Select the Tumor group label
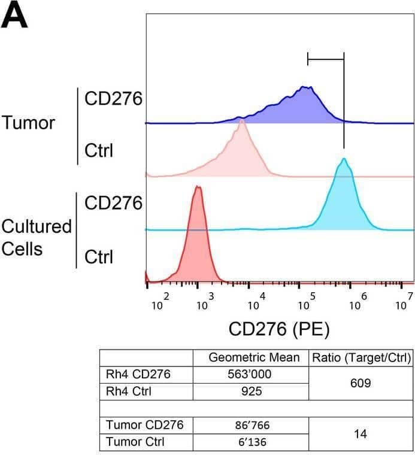pyautogui.click(x=28, y=123)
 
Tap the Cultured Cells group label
pyautogui.click(x=36, y=238)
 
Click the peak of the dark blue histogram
pyautogui.click(x=305, y=87)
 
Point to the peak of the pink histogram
pyautogui.click(x=241, y=120)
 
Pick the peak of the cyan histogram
pyautogui.click(x=344, y=159)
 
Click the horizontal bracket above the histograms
pyautogui.click(x=325, y=59)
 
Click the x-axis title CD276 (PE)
pyautogui.click(x=279, y=328)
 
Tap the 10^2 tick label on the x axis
pyautogui.click(x=159, y=301)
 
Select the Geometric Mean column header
pyautogui.click(x=253, y=357)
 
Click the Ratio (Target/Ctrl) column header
pyautogui.click(x=361, y=357)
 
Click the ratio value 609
pyautogui.click(x=361, y=383)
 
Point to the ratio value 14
pyautogui.click(x=361, y=434)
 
